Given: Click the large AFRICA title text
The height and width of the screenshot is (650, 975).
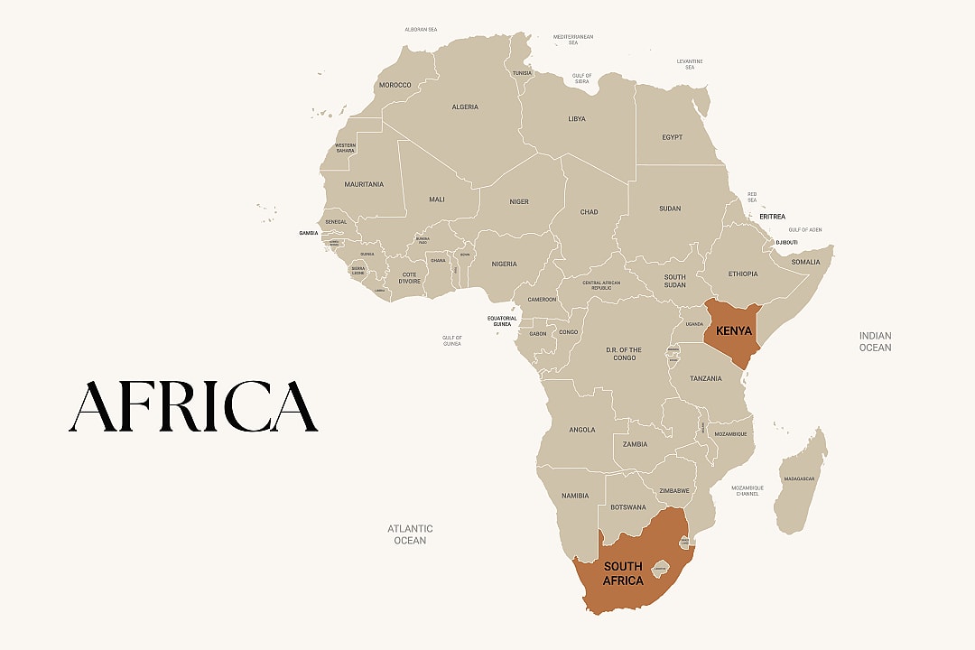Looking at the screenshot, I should coord(193,406).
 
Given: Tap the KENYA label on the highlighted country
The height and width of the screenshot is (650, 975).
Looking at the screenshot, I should coord(734,331).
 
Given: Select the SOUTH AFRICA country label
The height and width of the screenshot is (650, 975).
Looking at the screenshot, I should coord(623,573).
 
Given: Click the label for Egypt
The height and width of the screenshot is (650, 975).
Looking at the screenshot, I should coord(672,137).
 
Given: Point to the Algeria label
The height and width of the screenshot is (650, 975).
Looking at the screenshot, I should coord(465,107).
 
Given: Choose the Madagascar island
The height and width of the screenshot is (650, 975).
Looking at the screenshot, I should coord(801,479).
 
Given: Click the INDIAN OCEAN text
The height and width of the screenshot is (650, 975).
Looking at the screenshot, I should coord(874,341).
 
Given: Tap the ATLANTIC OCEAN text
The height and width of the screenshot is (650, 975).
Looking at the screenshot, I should coord(410,534).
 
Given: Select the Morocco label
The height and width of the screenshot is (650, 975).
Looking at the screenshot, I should coord(395,85).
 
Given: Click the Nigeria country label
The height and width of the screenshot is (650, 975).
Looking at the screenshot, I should coord(504,264).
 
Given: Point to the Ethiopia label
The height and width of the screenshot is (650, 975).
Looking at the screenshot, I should coord(743,274).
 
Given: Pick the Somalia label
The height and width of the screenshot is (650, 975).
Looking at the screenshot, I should coord(805,262).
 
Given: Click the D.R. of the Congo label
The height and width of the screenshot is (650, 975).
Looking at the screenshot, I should coord(623,353).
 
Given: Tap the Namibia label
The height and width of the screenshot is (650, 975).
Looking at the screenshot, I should coord(575,496).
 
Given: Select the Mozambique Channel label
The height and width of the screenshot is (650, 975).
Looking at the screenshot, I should coord(747,490).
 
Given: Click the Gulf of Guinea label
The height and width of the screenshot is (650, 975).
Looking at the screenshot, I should coord(451,340).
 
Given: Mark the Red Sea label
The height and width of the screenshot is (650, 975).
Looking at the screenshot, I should coord(751,197).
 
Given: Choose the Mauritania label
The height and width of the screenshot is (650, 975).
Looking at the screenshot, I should coord(364,184).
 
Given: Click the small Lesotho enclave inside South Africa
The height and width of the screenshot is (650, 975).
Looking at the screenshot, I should coord(660,569).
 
